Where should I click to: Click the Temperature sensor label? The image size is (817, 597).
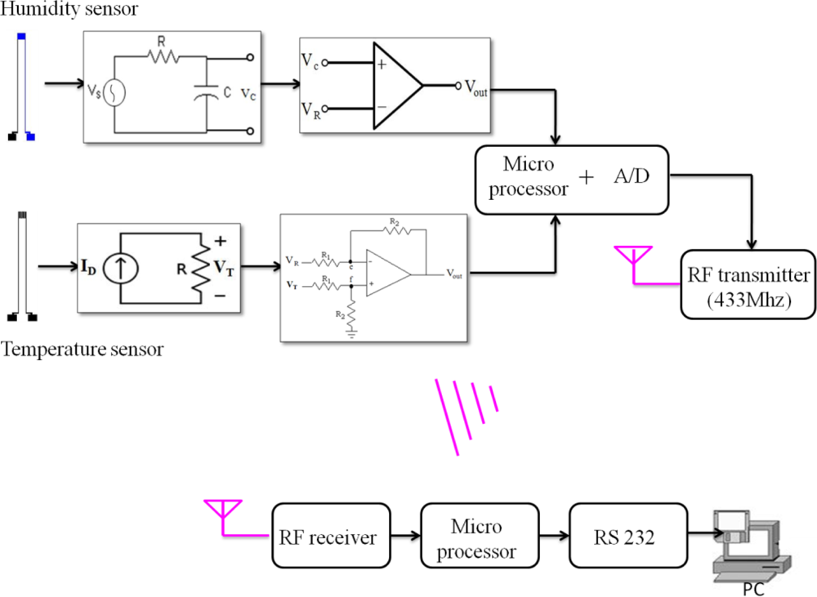pyautogui.click(x=82, y=350)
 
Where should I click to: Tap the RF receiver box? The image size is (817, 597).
pyautogui.click(x=328, y=537)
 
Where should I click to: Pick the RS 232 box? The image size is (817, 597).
pyautogui.click(x=627, y=537)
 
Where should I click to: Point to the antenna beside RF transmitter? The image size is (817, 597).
pyautogui.click(x=631, y=256)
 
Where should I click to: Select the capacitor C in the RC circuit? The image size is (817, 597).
pyautogui.click(x=204, y=93)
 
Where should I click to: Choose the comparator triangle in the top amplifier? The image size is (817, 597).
pyautogui.click(x=395, y=86)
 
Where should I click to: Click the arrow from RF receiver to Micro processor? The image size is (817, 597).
pyautogui.click(x=403, y=537)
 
